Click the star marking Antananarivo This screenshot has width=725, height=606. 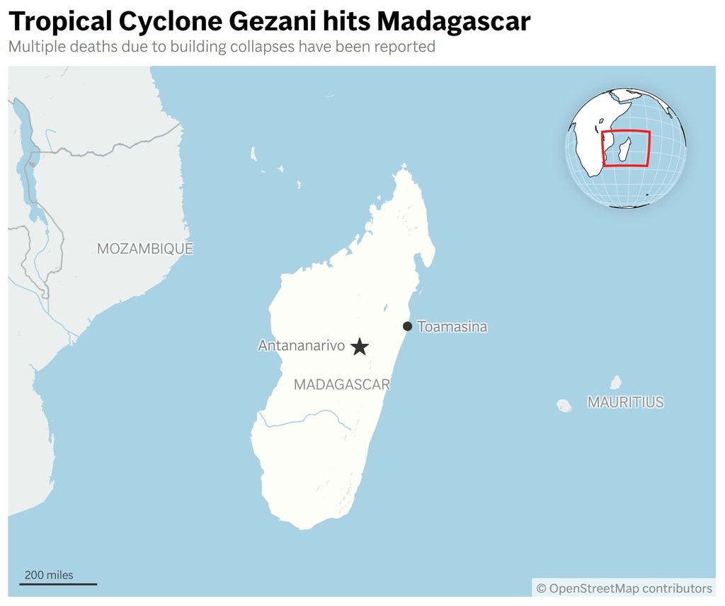tap(360, 346)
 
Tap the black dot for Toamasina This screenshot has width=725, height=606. tap(407, 326)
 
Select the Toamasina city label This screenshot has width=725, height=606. tap(452, 327)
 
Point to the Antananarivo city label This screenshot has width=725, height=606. tap(301, 346)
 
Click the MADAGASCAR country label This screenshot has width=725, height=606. tap(342, 385)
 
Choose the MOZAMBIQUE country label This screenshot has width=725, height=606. tap(144, 248)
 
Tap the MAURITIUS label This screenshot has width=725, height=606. tap(625, 402)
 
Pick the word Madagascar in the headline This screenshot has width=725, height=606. tap(453, 22)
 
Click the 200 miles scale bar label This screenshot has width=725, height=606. tap(49, 575)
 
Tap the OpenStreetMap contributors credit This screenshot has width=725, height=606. tap(624, 588)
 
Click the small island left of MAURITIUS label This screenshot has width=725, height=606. tap(564, 406)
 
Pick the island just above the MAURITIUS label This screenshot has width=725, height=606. tap(615, 382)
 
